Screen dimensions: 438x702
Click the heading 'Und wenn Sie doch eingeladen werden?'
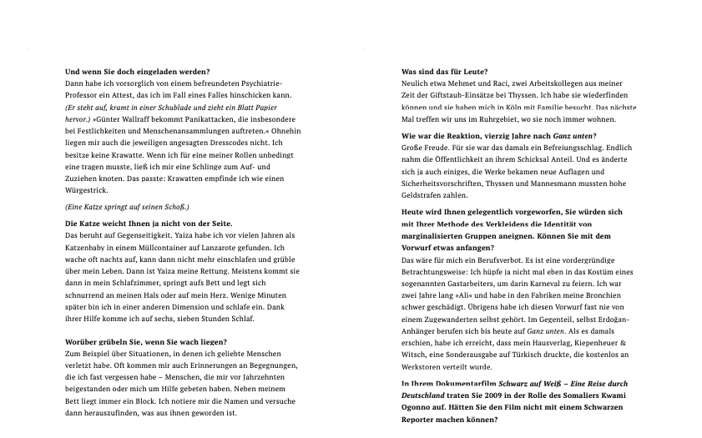tap(137, 73)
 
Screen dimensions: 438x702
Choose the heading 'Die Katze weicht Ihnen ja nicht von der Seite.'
tap(149, 224)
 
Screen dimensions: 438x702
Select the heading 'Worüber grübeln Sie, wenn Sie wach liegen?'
tap(146, 342)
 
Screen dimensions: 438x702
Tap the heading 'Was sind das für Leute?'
tap(445, 73)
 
